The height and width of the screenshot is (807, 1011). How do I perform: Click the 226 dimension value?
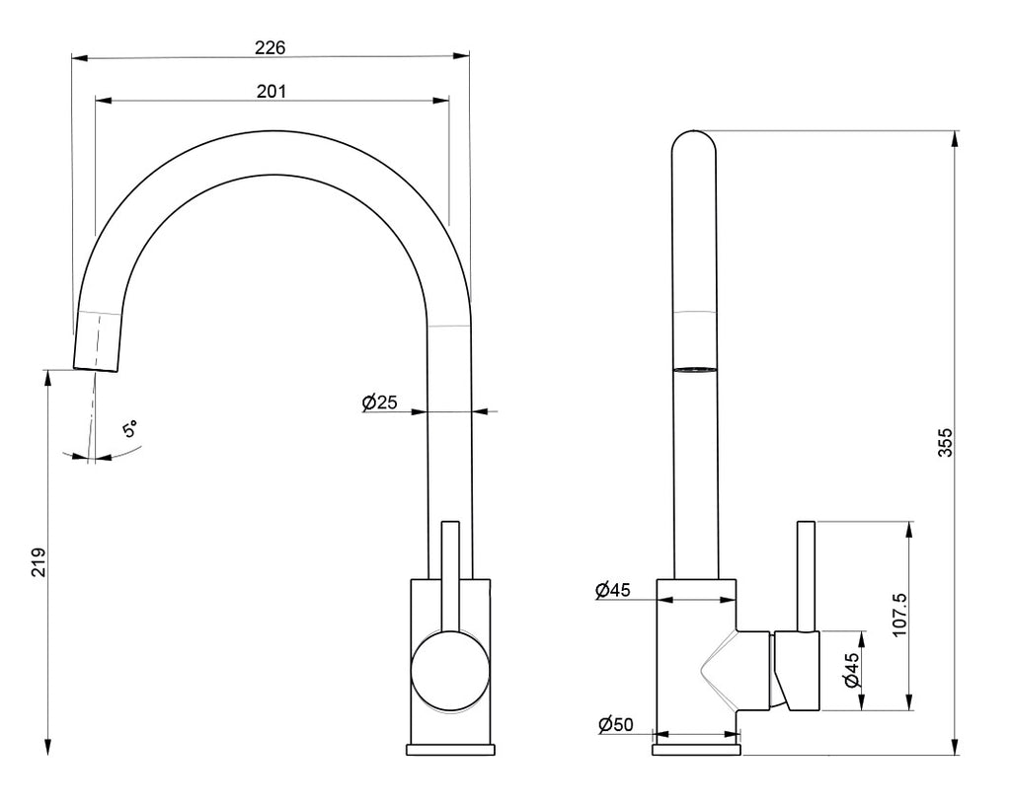[x=270, y=46]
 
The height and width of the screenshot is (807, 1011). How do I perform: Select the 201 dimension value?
[x=271, y=91]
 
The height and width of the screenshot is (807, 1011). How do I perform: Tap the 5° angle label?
[x=130, y=430]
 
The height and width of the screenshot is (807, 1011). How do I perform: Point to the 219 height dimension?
[x=39, y=563]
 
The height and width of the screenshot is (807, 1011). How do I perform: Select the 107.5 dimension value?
[x=898, y=615]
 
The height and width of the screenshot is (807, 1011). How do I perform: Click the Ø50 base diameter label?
[x=615, y=725]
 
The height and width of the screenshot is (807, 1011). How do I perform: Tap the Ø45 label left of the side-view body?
[x=613, y=590]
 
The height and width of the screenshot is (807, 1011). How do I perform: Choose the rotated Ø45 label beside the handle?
[x=849, y=670]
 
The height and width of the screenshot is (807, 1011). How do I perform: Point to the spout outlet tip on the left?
[x=96, y=368]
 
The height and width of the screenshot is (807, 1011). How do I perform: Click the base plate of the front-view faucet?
[x=450, y=750]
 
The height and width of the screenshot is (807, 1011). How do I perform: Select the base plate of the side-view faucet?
[x=696, y=750]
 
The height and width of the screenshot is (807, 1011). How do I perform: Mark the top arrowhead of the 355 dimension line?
[x=956, y=138]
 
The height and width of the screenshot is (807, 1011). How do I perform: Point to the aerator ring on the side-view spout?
[x=694, y=369]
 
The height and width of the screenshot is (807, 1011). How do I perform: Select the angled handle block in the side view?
[x=796, y=671]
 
